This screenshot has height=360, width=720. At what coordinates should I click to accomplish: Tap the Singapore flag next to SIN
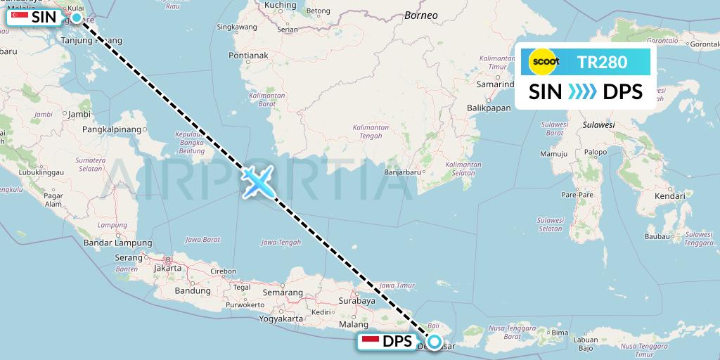[20, 17]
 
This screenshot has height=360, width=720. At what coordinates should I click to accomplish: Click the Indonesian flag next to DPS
[371, 342]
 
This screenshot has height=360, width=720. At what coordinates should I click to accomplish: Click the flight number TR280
[602, 63]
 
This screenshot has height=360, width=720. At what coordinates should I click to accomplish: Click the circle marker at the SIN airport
[77, 17]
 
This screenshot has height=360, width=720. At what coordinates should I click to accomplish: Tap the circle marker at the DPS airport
[435, 342]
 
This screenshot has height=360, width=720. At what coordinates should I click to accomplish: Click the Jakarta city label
[167, 268]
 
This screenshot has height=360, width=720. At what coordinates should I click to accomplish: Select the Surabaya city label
[358, 301]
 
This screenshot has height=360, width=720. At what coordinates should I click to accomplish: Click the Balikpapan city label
[488, 108]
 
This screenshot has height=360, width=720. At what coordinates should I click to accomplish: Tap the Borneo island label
[421, 15]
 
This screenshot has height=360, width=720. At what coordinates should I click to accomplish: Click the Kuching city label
[280, 5]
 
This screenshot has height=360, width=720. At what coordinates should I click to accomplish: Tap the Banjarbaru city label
[403, 172]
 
